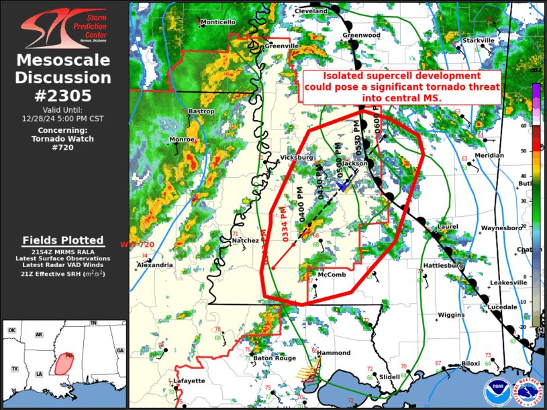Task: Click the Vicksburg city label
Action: (x=297, y=158)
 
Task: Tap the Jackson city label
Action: (x=355, y=163)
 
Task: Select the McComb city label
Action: (x=332, y=275)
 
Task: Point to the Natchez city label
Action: (x=245, y=240)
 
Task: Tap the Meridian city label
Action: (x=489, y=156)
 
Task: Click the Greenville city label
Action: (x=281, y=46)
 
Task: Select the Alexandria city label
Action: (x=154, y=265)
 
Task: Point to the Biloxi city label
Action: (x=471, y=364)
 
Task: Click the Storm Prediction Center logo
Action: (x=63, y=27)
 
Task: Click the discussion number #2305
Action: (x=63, y=95)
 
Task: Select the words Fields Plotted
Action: (x=63, y=240)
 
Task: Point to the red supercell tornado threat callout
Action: (x=401, y=87)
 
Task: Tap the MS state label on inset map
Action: (x=69, y=355)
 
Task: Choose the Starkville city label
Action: (x=479, y=41)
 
